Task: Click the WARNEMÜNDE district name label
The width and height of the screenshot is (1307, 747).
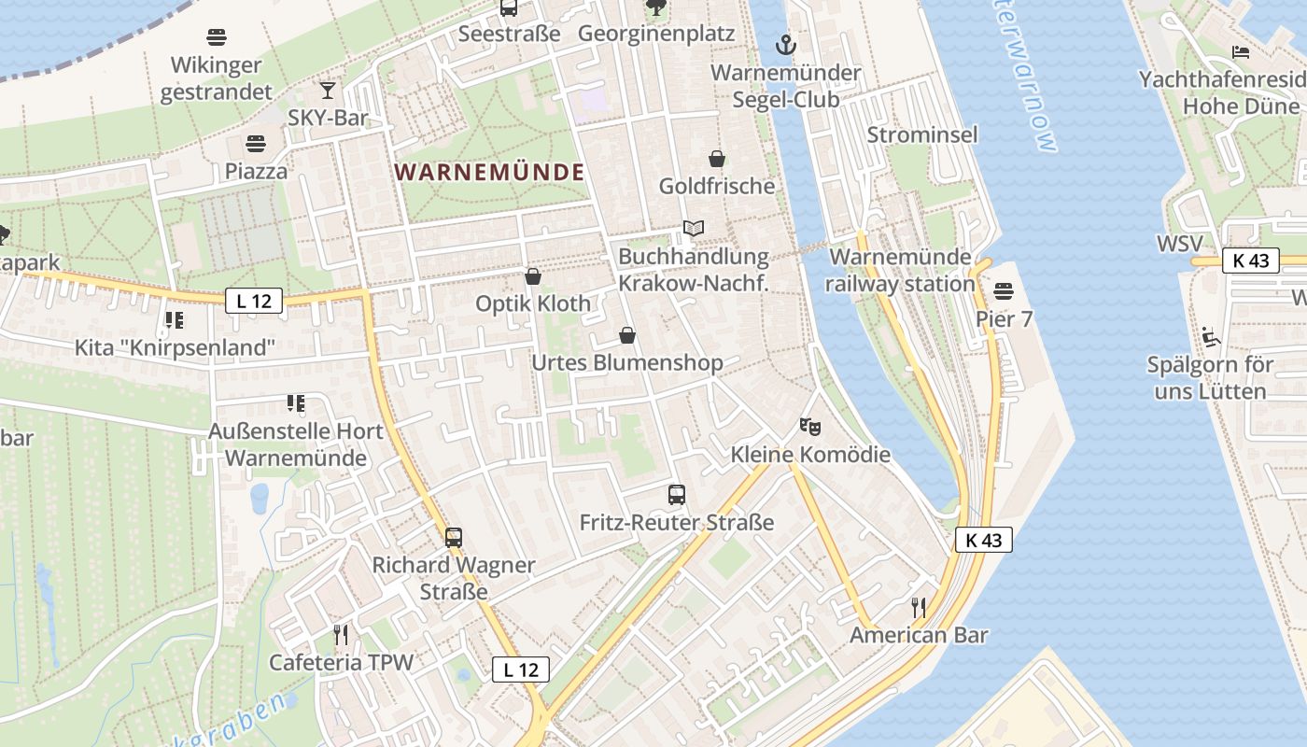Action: pyautogui.click(x=489, y=172)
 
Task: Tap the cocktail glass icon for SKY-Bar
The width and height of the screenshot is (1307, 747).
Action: pyautogui.click(x=328, y=91)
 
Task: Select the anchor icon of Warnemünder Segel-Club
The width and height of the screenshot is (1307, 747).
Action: pyautogui.click(x=786, y=45)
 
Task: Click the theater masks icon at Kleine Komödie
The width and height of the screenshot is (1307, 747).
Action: pyautogui.click(x=810, y=428)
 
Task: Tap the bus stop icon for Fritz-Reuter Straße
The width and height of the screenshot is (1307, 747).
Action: pyautogui.click(x=677, y=495)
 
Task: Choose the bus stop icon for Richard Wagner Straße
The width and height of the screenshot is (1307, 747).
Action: pyautogui.click(x=454, y=538)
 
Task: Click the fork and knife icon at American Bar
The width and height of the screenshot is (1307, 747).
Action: pyautogui.click(x=919, y=608)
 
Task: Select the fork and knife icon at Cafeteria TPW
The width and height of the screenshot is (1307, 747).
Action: pyautogui.click(x=341, y=635)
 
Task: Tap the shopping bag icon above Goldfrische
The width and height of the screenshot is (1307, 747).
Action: pyautogui.click(x=717, y=159)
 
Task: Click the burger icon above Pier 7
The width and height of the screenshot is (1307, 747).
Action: pyautogui.click(x=1005, y=291)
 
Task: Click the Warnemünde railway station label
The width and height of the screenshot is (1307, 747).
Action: pyautogui.click(x=900, y=270)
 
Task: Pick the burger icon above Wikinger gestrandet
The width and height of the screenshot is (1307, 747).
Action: pyautogui.click(x=217, y=38)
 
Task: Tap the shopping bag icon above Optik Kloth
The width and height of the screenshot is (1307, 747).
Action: pyautogui.click(x=533, y=276)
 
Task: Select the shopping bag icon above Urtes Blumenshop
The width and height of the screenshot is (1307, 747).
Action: pyautogui.click(x=627, y=335)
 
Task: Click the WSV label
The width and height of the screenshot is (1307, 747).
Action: pyautogui.click(x=1179, y=244)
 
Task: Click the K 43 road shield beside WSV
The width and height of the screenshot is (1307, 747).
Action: pyautogui.click(x=1250, y=261)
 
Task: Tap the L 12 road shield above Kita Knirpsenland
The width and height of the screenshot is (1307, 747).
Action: pyautogui.click(x=254, y=301)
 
